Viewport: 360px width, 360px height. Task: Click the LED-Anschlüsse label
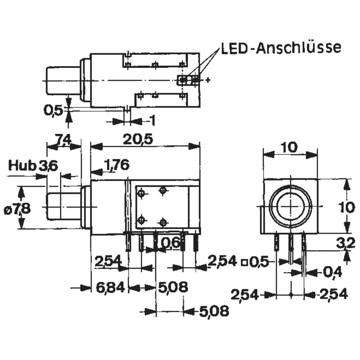pos(280,48)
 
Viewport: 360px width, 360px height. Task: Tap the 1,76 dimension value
pos(116,165)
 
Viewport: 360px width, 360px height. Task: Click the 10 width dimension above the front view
pos(290,147)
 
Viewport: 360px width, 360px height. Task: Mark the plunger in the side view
pos(63,207)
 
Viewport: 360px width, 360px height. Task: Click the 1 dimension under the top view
pos(152,121)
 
